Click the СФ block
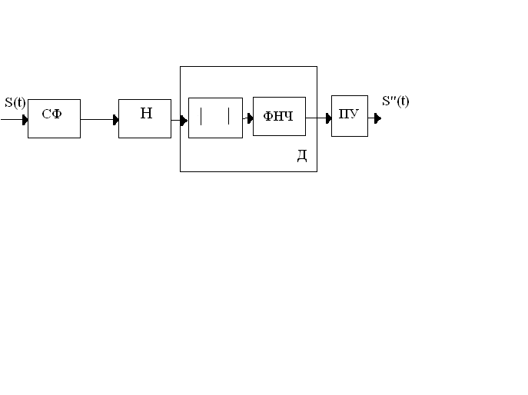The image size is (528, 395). [x=54, y=118]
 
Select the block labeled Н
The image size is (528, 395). [x=144, y=118]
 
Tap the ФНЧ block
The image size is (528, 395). [x=279, y=117]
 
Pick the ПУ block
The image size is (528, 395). [x=349, y=116]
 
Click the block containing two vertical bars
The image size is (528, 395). [x=215, y=118]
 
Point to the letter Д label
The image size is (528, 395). [x=302, y=156]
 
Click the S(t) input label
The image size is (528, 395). [x=15, y=102]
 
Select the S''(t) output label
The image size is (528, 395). [x=396, y=101]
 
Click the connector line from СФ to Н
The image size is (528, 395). [x=98, y=119]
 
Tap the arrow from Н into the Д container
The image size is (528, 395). [x=179, y=120]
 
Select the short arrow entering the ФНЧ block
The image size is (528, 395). [x=247, y=118]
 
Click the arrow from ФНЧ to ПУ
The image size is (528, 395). [x=317, y=118]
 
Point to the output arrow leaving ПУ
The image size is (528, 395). [x=374, y=118]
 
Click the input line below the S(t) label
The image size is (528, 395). [x=11, y=119]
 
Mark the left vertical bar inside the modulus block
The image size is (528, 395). [x=201, y=117]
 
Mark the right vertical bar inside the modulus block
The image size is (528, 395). [x=229, y=117]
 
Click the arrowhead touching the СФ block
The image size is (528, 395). [x=25, y=119]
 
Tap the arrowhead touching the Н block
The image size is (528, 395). [x=115, y=119]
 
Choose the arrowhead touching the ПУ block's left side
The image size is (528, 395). [x=328, y=118]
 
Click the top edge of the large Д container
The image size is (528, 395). [x=248, y=67]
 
